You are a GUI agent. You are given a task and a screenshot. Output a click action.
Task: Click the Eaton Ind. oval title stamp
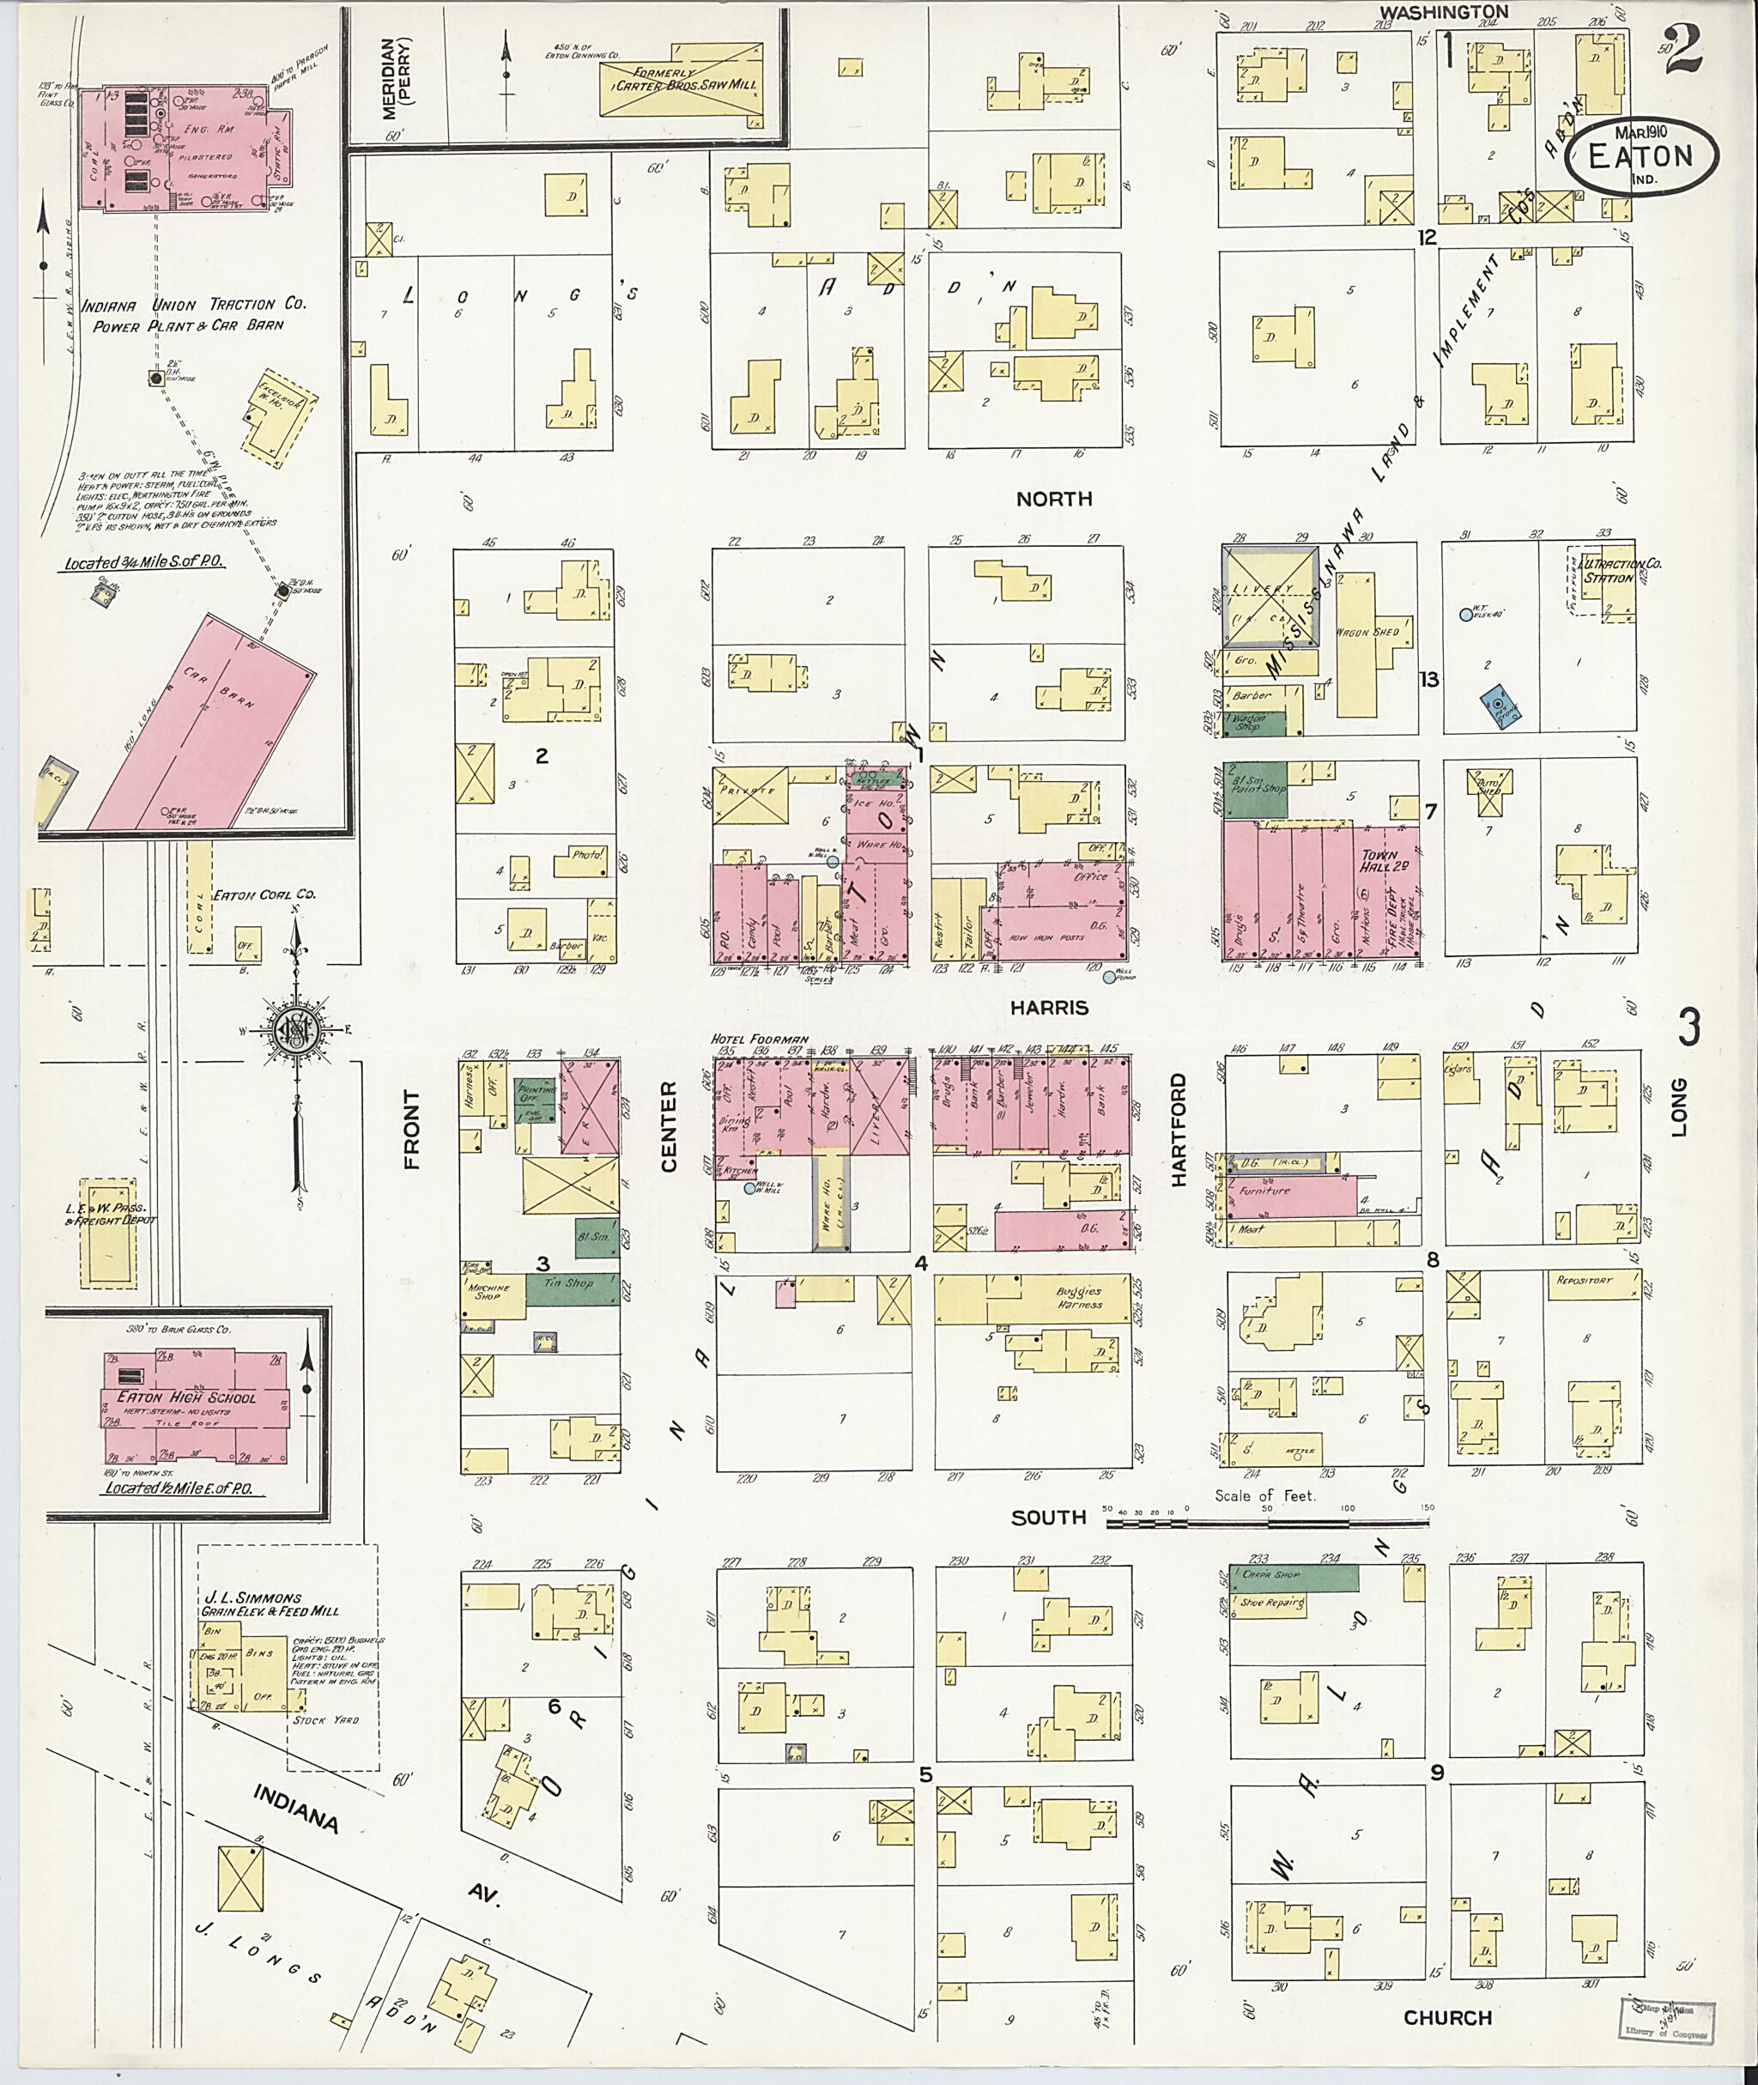pyautogui.click(x=1640, y=156)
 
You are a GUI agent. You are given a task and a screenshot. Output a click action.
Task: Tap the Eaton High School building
pyautogui.click(x=196, y=1405)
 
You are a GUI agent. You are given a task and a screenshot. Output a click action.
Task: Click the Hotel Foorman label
pyautogui.click(x=760, y=1039)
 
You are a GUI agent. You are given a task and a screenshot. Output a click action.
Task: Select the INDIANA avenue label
pyautogui.click(x=297, y=1809)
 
